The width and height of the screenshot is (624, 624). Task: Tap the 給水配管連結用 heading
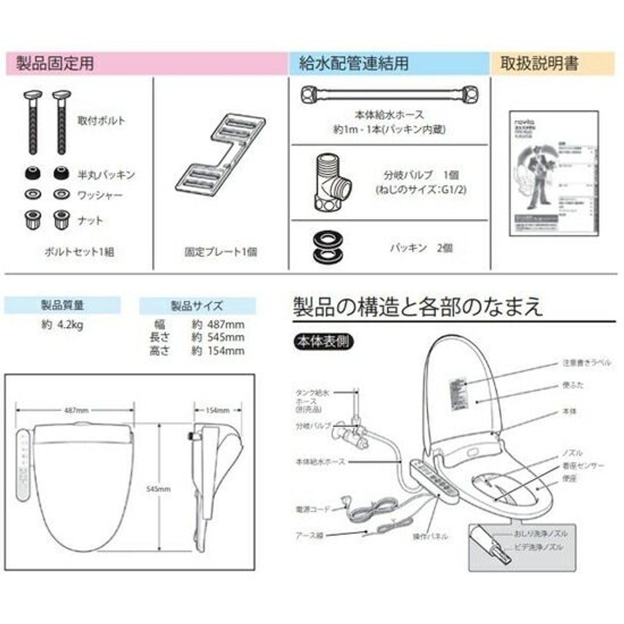pyautogui.click(x=354, y=63)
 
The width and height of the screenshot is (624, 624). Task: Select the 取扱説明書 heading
pyautogui.click(x=539, y=63)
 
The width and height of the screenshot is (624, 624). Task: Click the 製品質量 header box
pyautogui.click(x=62, y=306)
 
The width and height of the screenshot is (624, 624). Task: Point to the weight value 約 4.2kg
pyautogui.click(x=62, y=324)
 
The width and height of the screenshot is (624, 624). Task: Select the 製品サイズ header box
pyautogui.click(x=197, y=306)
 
